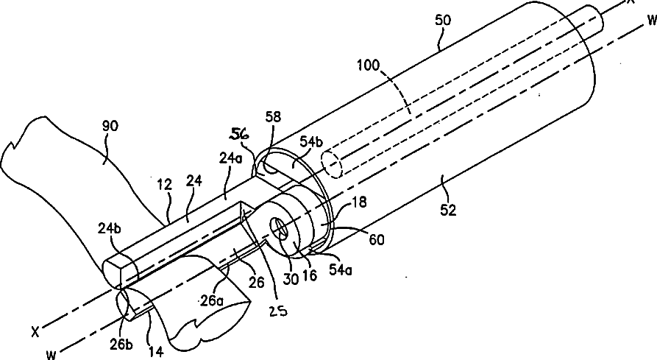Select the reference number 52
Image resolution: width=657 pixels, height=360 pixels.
pyautogui.click(x=449, y=211)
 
